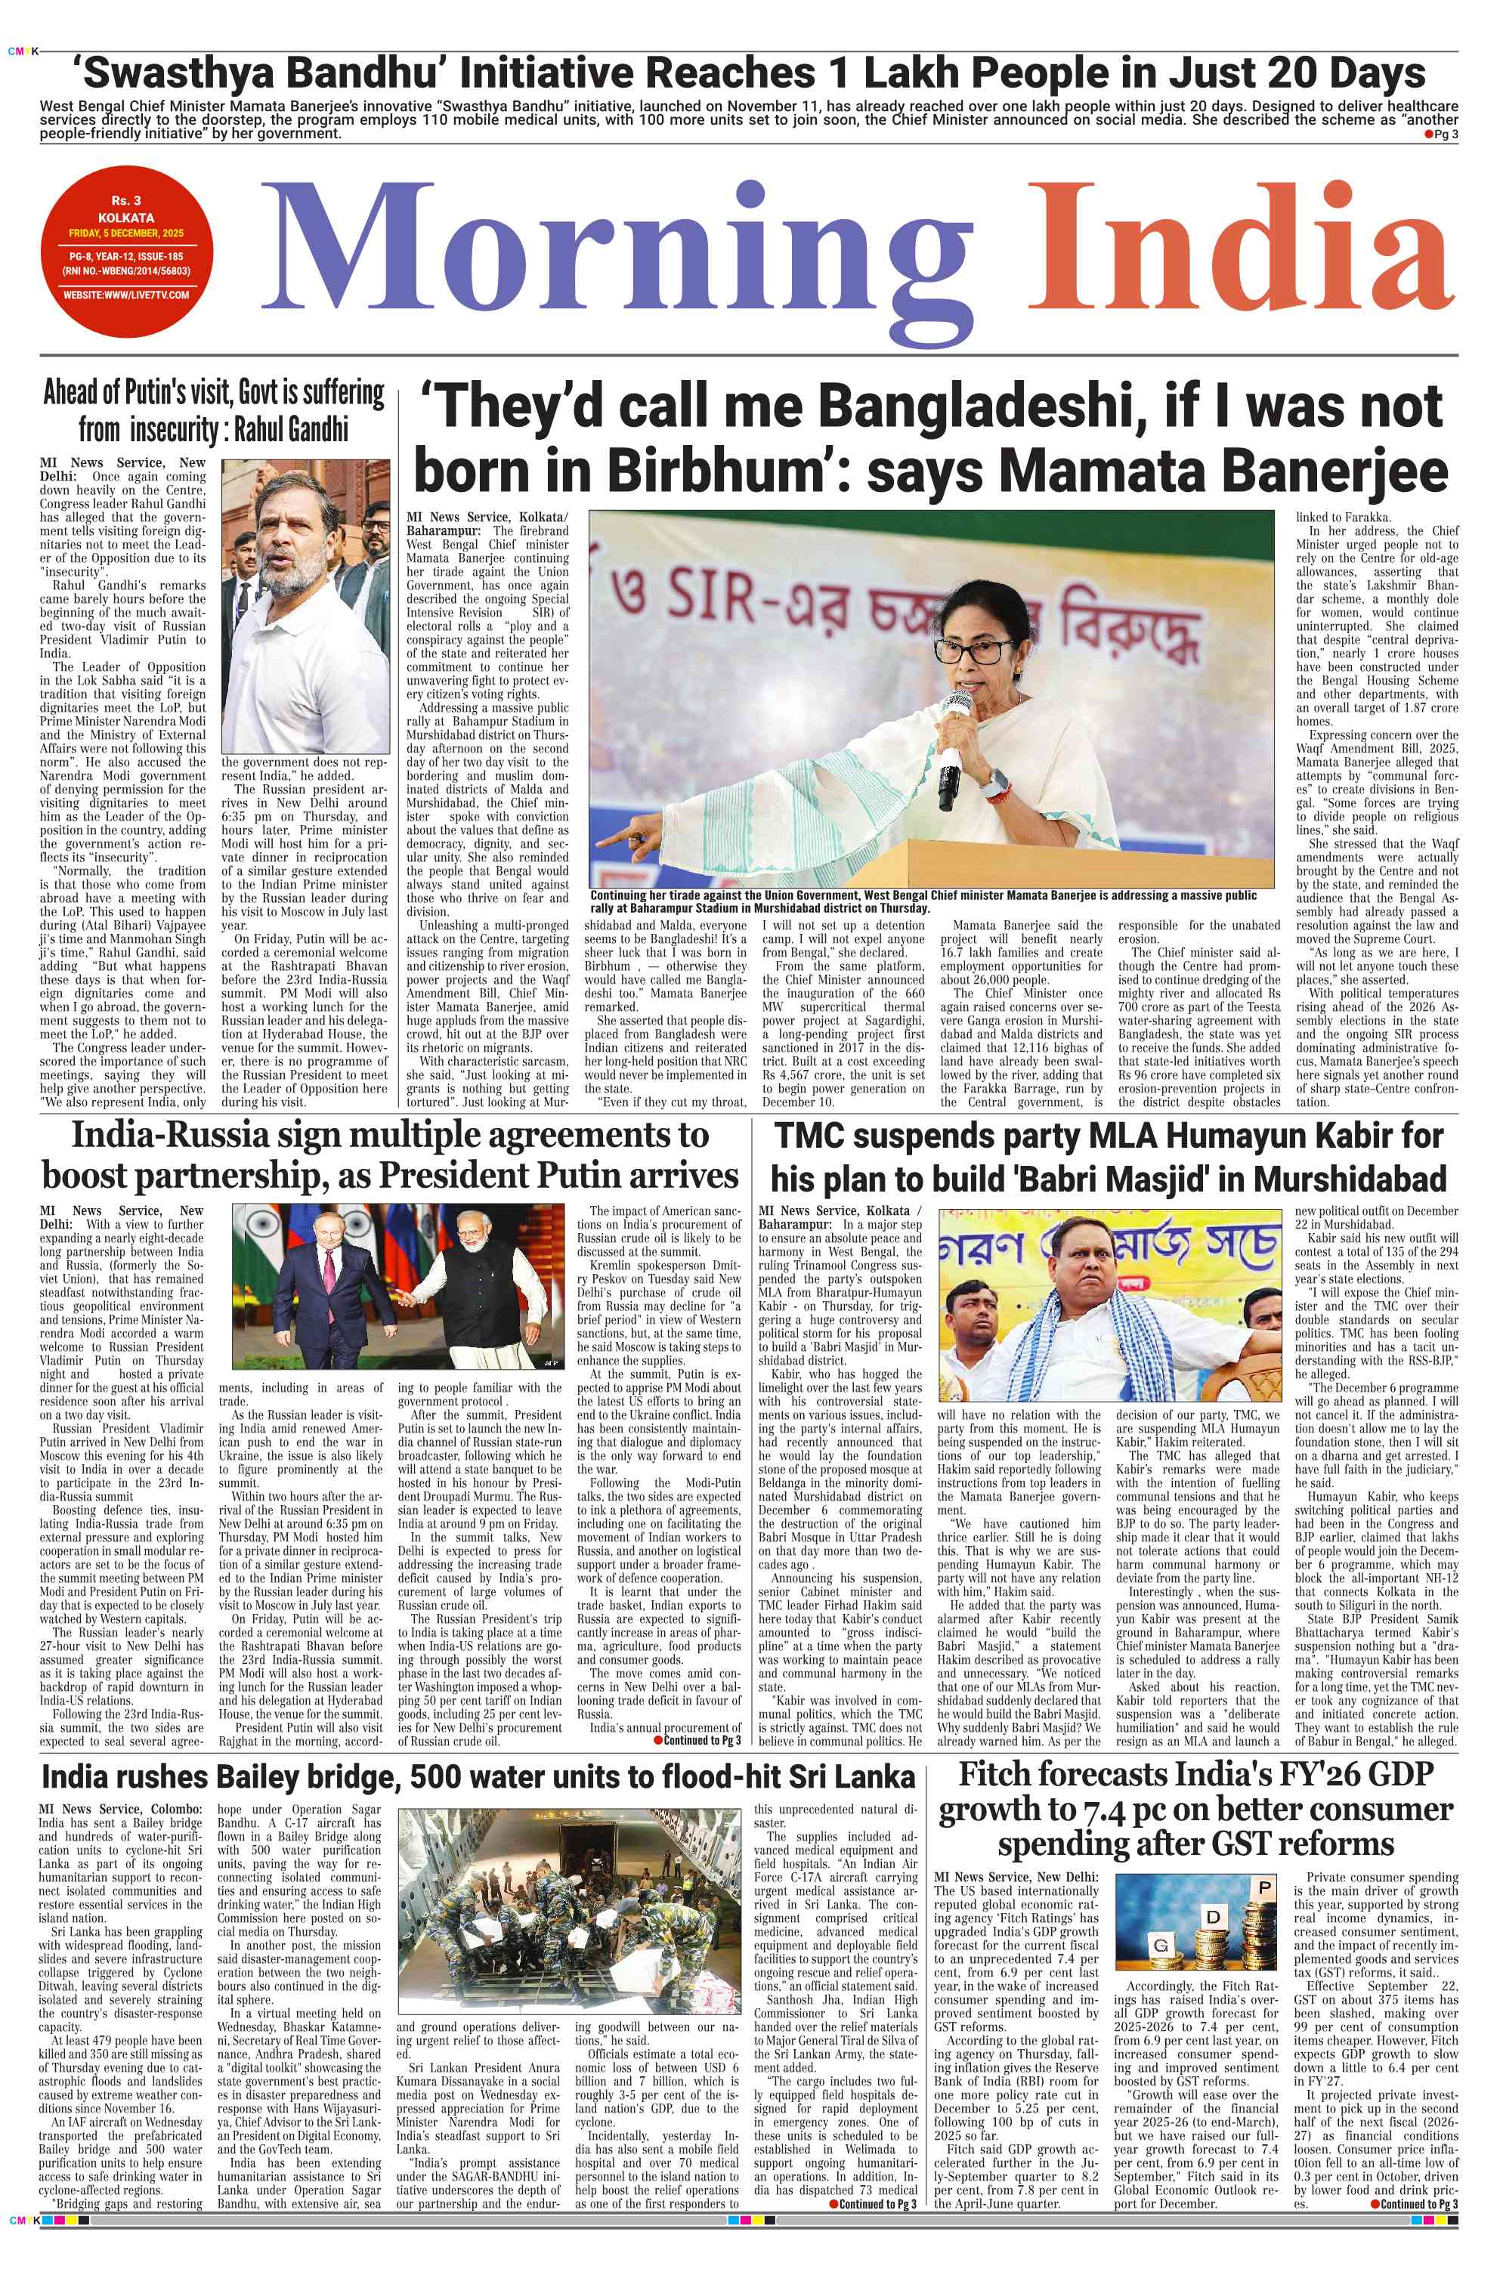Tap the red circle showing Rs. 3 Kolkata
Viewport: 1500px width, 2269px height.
pyautogui.click(x=127, y=251)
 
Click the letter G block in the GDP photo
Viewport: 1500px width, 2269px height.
pyautogui.click(x=1161, y=1946)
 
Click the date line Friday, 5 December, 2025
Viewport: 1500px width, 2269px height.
pyautogui.click(x=126, y=233)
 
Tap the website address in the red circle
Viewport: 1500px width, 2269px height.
pyautogui.click(x=126, y=295)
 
